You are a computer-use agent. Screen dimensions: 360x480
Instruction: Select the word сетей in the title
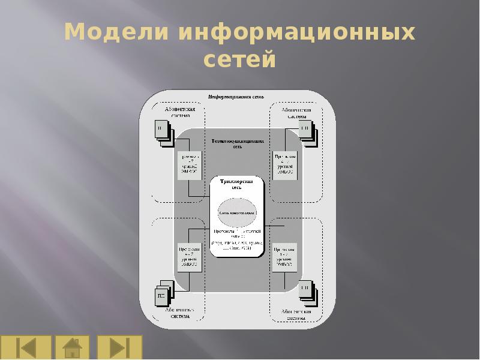pos(239,60)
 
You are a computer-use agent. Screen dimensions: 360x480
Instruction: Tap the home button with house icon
pos(72,347)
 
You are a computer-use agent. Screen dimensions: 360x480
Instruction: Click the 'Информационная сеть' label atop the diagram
pos(236,97)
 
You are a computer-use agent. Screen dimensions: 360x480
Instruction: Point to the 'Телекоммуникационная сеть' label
pos(238,143)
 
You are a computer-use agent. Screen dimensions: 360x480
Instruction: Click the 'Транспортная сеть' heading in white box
pos(238,184)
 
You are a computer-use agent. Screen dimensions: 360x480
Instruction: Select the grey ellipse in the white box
pos(238,212)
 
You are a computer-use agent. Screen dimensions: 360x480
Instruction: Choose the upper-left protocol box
pos(188,163)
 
